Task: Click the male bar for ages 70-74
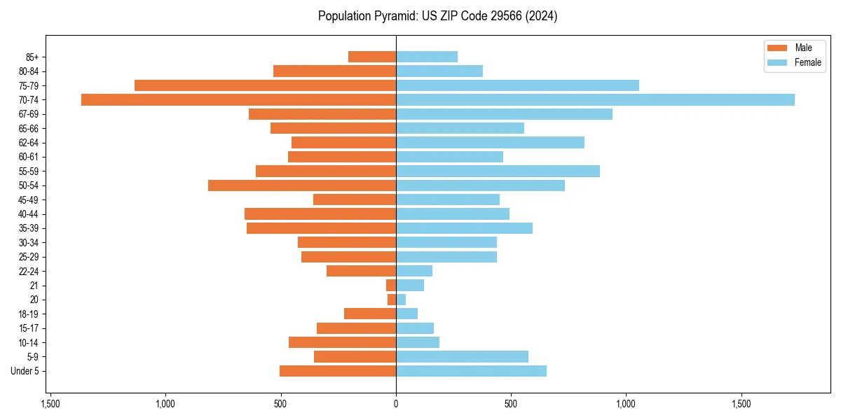point(238,99)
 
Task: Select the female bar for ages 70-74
point(595,99)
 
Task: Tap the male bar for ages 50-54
point(302,185)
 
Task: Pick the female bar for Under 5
point(471,371)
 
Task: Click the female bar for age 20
point(401,300)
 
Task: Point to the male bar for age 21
point(391,286)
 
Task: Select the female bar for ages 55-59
point(498,171)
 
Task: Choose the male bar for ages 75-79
point(265,85)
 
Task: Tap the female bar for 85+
point(427,57)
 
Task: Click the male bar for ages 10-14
point(342,342)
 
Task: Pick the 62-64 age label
point(29,143)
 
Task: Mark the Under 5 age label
point(25,371)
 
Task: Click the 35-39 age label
point(29,228)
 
